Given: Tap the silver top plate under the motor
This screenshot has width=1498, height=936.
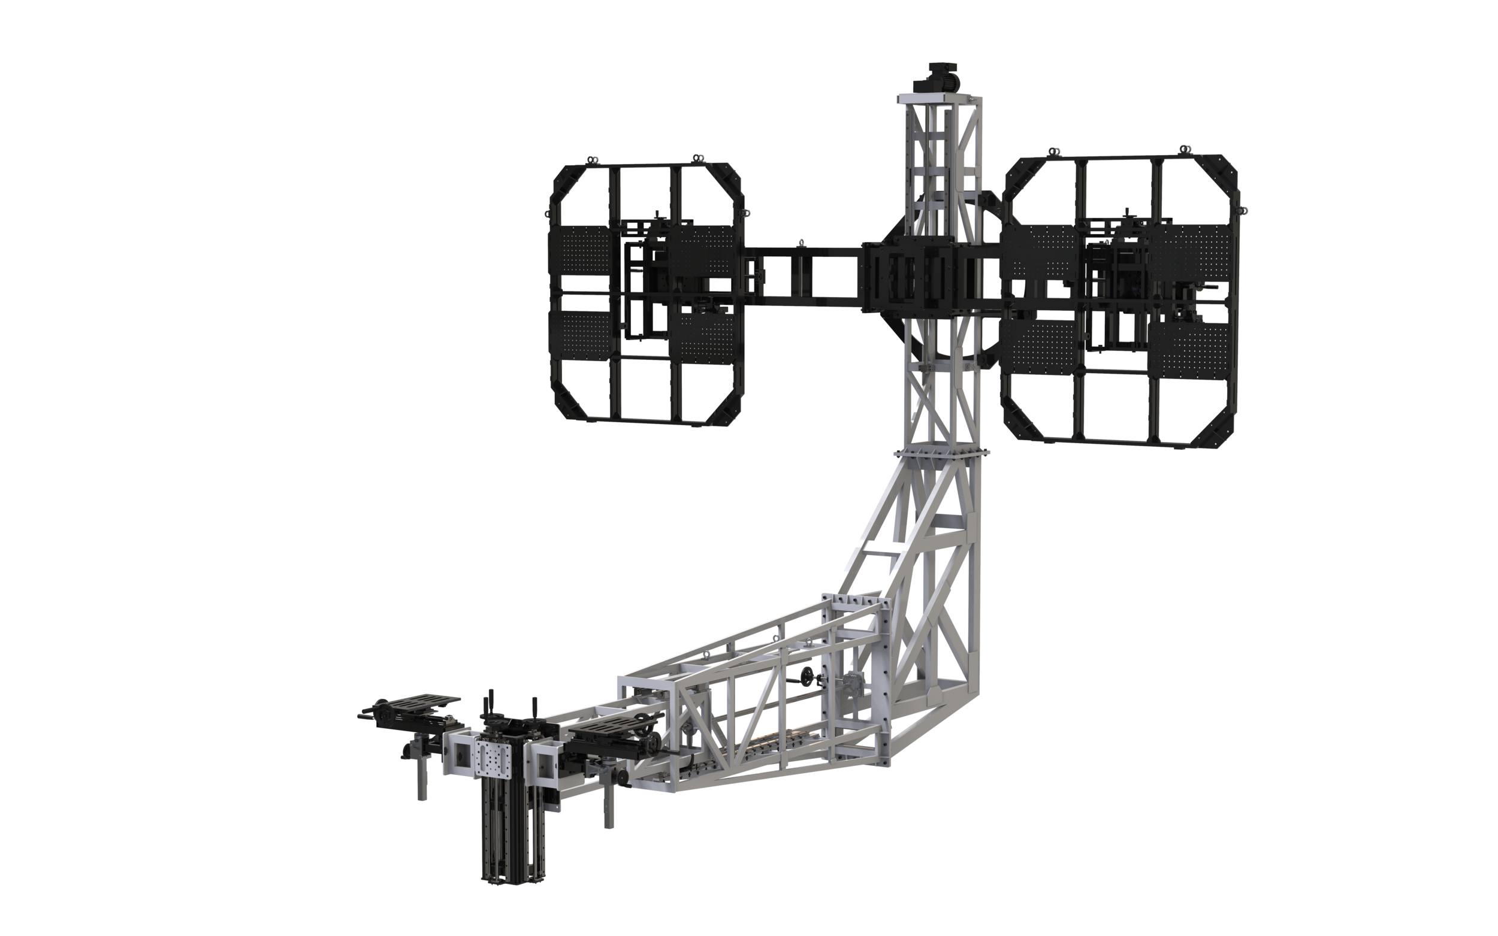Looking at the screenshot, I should click(x=938, y=99).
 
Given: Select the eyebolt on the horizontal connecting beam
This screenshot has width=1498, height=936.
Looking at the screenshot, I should click(x=801, y=242).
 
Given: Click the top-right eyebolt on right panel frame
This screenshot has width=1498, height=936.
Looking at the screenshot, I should click(x=1185, y=150).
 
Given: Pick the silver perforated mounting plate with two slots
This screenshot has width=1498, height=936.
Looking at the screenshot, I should click(x=493, y=761).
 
